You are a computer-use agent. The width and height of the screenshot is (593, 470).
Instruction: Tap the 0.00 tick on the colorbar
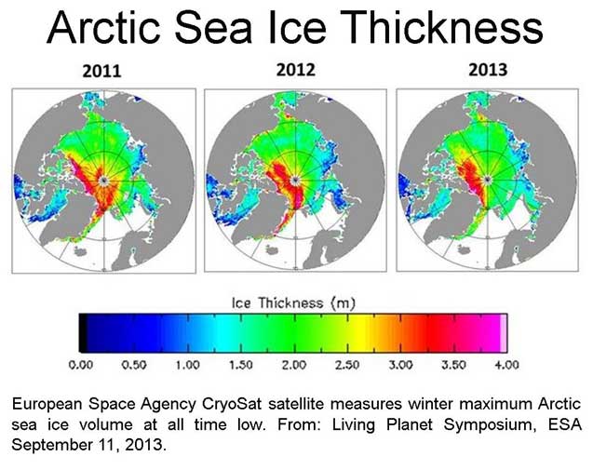tap(81, 364)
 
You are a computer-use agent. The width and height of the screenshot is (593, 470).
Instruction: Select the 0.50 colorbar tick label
tap(134, 364)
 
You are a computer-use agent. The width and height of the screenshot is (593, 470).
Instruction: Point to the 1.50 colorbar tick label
tap(241, 364)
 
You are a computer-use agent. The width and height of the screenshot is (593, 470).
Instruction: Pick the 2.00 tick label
tap(294, 364)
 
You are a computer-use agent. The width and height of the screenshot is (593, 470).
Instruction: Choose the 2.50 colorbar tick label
tap(347, 364)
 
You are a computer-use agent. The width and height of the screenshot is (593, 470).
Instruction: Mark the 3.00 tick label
tap(400, 364)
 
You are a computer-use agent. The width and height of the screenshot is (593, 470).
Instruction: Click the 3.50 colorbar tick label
tap(453, 364)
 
